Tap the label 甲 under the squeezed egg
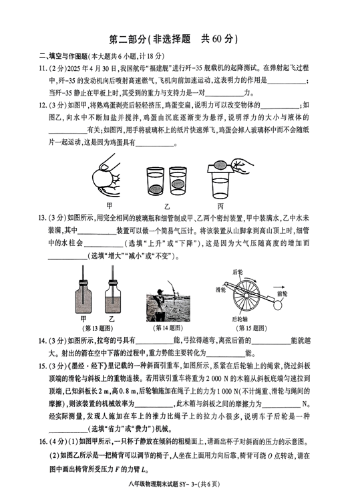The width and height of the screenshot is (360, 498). (110, 206)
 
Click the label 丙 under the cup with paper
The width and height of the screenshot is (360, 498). (220, 207)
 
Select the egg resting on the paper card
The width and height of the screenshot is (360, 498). (220, 165)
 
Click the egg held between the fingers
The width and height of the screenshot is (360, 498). (103, 178)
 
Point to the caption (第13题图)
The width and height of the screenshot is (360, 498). (98, 328)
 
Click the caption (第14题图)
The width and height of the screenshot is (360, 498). (168, 328)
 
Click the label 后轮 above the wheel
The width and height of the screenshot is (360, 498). (238, 272)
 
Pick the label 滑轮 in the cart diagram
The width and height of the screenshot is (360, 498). (220, 289)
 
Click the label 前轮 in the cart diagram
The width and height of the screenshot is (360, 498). (282, 294)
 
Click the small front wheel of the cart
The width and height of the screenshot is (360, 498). (277, 305)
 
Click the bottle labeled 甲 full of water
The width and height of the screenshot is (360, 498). (83, 296)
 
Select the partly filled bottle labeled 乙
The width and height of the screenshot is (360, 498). (113, 296)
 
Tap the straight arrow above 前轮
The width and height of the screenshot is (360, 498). (279, 287)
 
